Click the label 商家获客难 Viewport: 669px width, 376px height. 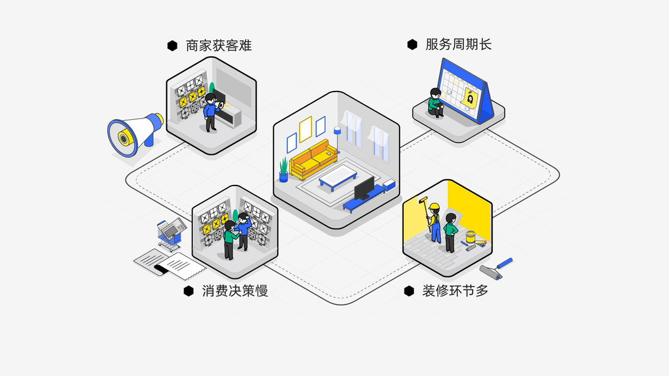(x=219, y=46)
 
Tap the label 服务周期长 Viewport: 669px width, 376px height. (x=458, y=44)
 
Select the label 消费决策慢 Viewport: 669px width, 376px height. (x=234, y=291)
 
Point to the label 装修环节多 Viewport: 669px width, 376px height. (x=455, y=291)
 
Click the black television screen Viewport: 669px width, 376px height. (x=364, y=187)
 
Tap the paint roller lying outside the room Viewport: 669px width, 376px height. (x=496, y=268)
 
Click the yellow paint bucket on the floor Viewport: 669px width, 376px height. (x=470, y=238)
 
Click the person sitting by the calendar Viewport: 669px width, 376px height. (x=435, y=102)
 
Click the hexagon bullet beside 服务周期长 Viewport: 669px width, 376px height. (x=412, y=44)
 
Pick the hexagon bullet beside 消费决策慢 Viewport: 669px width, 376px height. (x=188, y=291)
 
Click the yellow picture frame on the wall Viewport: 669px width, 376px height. (x=305, y=129)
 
